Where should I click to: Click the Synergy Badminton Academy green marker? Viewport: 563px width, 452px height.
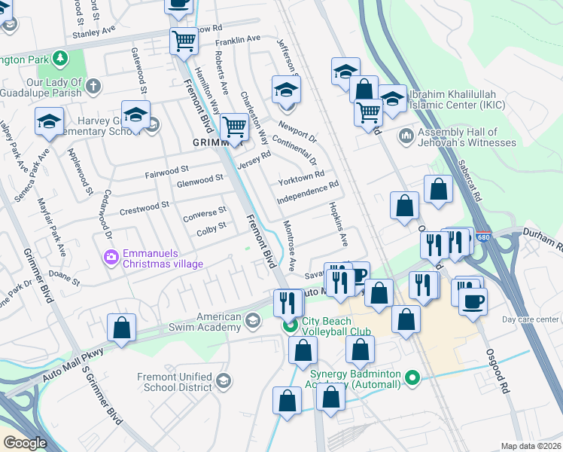click(411, 376)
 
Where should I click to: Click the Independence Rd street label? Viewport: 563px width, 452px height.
click(308, 193)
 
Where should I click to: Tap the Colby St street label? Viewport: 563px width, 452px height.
click(212, 226)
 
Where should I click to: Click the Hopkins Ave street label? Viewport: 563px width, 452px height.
click(338, 224)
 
